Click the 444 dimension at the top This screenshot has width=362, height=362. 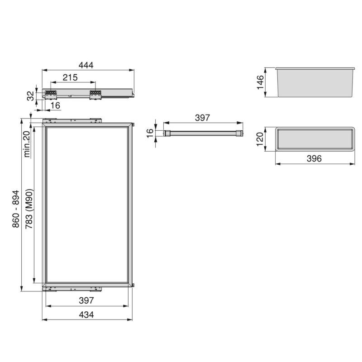point(86,65)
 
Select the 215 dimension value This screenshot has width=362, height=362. point(70,77)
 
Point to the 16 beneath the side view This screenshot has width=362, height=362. point(55,105)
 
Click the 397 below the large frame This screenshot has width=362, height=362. point(86,300)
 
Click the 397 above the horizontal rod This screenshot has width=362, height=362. point(202,118)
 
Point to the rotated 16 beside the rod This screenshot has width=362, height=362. point(150,133)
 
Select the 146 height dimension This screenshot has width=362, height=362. point(261,82)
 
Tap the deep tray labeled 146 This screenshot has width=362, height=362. point(314,82)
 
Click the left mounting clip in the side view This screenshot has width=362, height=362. point(50,94)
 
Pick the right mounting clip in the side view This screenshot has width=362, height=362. point(95,94)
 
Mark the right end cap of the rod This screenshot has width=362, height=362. point(239,133)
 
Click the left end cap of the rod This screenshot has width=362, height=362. point(167,133)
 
